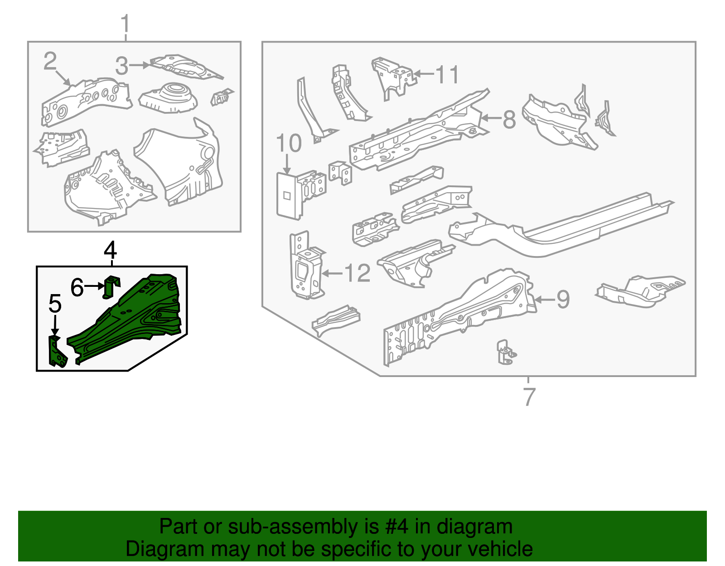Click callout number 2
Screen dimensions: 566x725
(x=50, y=61)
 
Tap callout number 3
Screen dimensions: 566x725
(x=121, y=66)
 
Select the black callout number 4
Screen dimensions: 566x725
(x=110, y=250)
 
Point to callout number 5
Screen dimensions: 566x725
(x=55, y=303)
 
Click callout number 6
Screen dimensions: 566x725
(x=77, y=287)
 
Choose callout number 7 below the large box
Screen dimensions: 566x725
(x=529, y=397)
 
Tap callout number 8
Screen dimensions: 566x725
(x=509, y=120)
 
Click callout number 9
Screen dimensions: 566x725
(x=563, y=300)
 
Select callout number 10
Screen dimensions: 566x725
(x=289, y=143)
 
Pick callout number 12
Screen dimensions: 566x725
(x=358, y=273)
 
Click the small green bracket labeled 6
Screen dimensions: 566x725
(x=111, y=287)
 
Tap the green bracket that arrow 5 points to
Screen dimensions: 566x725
(x=57, y=353)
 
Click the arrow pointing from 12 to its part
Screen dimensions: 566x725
(x=332, y=273)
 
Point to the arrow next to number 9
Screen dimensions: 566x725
(x=544, y=300)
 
